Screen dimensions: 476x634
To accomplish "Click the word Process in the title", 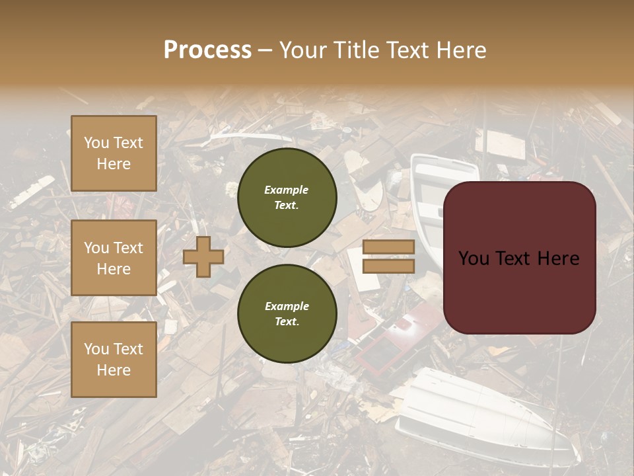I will coord(207,50).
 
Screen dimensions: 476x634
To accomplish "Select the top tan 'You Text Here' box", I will coord(114,153).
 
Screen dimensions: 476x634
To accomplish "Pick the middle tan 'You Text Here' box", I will coord(114,258).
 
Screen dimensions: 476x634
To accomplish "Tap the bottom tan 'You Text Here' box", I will coord(114,359).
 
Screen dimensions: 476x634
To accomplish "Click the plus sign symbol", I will coord(203,257).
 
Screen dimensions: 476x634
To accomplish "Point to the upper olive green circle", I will coord(287,197).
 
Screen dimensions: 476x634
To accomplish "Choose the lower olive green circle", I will coord(287,313).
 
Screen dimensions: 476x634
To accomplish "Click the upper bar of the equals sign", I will coord(389,247).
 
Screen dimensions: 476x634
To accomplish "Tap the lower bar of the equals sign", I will coord(389,266).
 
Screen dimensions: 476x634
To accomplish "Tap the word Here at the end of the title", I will coord(462,50).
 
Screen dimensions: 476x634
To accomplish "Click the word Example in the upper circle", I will coord(286,190).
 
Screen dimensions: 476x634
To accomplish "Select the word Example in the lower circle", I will coord(287,306).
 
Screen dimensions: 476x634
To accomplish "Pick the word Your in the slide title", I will coord(301,50).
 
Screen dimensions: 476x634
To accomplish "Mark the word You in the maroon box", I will coord(473,258).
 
